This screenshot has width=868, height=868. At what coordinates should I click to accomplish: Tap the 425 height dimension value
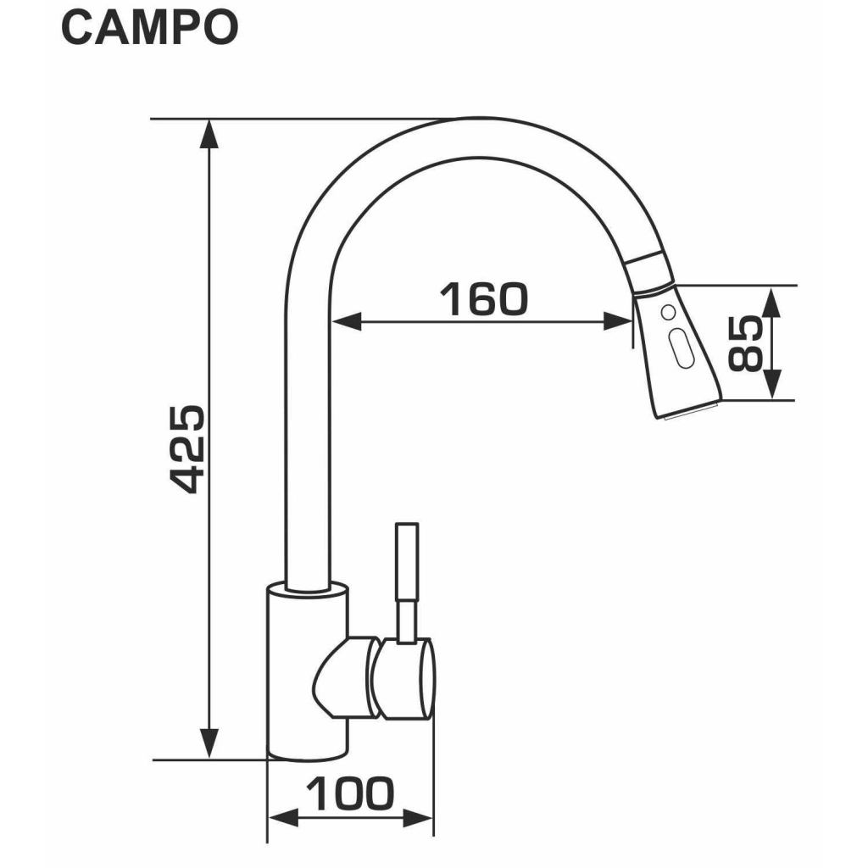187,448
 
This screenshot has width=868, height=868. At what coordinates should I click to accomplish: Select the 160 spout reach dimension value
483,298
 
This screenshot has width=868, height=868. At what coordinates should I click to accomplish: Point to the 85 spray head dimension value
746,342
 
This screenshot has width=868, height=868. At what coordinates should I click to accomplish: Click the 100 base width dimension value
350,794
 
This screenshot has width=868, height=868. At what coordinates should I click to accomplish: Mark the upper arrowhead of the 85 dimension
772,298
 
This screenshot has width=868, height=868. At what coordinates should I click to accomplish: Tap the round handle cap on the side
407,678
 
